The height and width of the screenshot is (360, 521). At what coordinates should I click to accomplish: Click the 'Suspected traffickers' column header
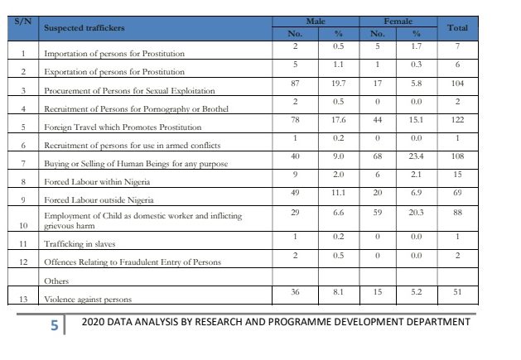tap(84, 28)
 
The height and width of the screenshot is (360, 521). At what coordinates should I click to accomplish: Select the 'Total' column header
tap(457, 28)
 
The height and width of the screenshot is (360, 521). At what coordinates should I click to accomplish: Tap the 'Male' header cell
tap(316, 22)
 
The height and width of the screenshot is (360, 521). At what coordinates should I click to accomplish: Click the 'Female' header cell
tap(398, 22)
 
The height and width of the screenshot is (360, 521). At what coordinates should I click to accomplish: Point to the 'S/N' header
tap(23, 22)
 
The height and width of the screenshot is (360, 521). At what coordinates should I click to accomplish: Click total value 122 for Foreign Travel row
tap(457, 119)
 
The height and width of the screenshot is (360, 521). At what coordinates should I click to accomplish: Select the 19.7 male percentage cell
tap(338, 83)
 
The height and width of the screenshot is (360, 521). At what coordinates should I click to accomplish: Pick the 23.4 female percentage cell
tap(416, 156)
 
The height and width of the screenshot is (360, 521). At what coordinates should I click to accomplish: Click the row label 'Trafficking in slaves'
tap(80, 244)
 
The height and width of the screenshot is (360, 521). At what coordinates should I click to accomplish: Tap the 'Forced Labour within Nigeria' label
tap(97, 182)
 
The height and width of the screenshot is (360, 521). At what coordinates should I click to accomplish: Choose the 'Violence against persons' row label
tap(88, 300)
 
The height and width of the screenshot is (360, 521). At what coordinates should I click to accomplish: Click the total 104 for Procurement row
tap(457, 83)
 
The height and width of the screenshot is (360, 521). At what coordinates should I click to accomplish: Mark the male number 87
tap(295, 83)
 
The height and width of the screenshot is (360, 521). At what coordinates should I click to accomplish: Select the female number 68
tap(378, 156)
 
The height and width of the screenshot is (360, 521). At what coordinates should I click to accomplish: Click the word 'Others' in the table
tap(56, 281)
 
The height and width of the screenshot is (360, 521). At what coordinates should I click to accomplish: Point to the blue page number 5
tap(55, 325)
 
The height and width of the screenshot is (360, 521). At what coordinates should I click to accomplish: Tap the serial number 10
tap(23, 225)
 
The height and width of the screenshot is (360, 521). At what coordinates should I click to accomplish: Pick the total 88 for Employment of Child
tap(457, 212)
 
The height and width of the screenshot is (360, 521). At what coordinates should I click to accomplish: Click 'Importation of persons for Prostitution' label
tap(114, 54)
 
